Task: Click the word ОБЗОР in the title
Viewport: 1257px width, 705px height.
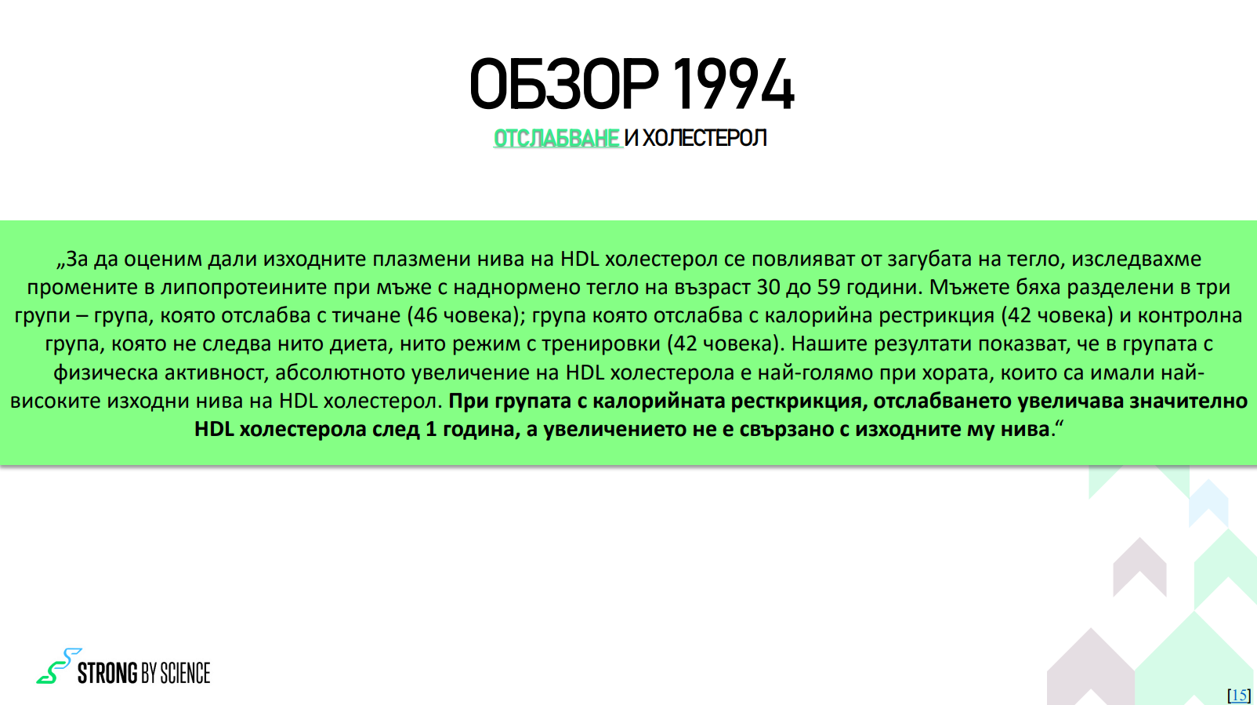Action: tap(564, 84)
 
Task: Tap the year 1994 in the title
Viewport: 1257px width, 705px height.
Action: tap(733, 84)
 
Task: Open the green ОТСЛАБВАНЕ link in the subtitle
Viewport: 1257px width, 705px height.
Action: tap(556, 138)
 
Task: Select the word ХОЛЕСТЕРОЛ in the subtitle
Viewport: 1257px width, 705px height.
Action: tap(705, 138)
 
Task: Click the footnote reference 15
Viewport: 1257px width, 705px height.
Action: tap(1239, 695)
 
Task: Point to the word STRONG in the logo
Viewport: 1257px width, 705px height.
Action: tap(107, 672)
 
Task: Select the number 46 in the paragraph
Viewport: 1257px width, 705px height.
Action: tap(425, 315)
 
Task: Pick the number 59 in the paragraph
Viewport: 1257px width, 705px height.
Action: tap(829, 287)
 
